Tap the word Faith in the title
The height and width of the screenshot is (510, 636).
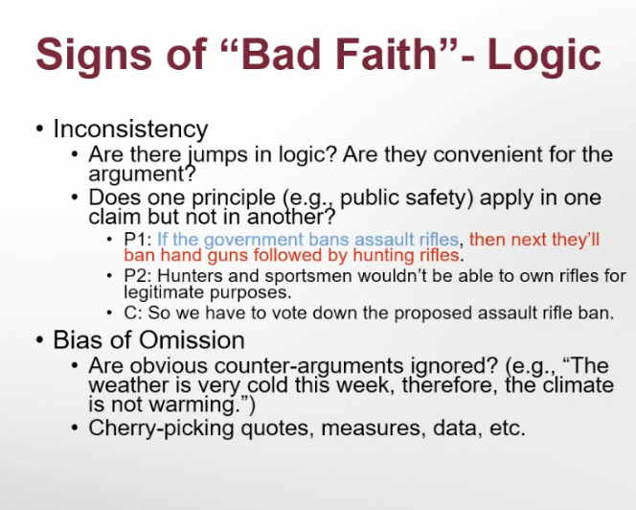point(387,54)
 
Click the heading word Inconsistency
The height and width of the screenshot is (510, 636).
point(130,128)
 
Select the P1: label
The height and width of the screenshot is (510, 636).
point(138,239)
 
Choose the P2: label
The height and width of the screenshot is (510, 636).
point(138,276)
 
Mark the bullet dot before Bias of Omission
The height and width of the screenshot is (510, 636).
point(39,340)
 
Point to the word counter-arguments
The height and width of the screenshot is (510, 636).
point(308,366)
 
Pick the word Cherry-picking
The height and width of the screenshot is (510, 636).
point(161,429)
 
